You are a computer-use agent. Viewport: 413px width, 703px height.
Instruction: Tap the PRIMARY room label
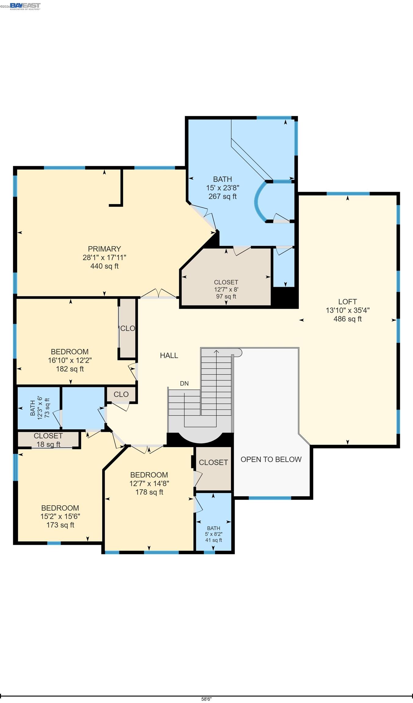[x=104, y=249]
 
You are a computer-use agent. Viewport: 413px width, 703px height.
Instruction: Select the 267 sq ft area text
[x=222, y=196]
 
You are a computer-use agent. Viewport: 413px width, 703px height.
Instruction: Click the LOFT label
[x=347, y=302]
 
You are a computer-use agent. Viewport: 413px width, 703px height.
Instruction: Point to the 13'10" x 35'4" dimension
[x=347, y=310]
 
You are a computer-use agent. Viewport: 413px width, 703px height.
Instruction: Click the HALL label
[x=169, y=355]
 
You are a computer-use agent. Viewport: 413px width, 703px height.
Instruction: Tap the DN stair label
[x=184, y=384]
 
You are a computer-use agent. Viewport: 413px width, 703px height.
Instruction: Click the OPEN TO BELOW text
[x=271, y=460]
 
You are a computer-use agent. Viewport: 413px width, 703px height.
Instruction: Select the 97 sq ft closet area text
[x=226, y=297]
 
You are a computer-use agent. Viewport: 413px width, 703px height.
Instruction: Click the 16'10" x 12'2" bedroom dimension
[x=70, y=360]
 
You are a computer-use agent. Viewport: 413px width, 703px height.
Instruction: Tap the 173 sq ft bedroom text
[x=60, y=525]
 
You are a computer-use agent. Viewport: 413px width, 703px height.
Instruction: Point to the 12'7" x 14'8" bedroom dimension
[x=149, y=483]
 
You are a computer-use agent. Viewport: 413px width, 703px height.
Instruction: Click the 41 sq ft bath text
[x=213, y=540]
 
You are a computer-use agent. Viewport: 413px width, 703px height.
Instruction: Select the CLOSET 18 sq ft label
[x=48, y=440]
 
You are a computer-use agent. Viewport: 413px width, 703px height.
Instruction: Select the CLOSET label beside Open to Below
[x=213, y=463]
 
